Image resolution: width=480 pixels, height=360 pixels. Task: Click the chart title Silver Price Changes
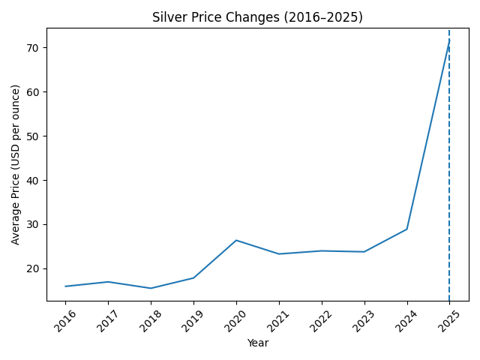coord(257,17)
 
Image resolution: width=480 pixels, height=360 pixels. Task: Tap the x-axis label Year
coord(257,343)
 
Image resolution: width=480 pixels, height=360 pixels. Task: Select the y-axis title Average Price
coord(16,164)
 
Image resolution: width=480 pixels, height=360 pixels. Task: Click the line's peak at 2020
coord(236,240)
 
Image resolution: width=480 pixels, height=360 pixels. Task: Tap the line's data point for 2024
coord(407,229)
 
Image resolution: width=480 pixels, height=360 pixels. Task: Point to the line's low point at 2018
coord(151,288)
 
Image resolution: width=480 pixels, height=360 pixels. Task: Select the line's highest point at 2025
coord(449,42)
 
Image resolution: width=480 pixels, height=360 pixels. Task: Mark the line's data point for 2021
coord(279,253)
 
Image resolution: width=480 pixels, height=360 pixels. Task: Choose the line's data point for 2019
coord(193,277)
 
